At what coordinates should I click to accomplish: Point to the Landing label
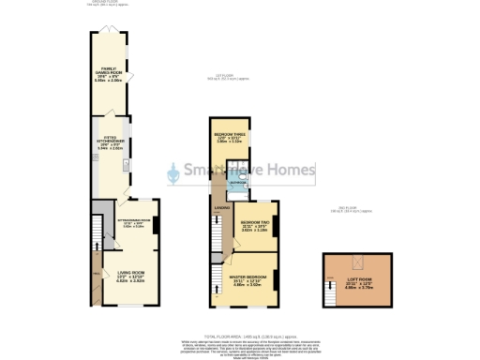tap(221, 208)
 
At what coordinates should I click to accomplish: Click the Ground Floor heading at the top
tap(113, 3)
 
